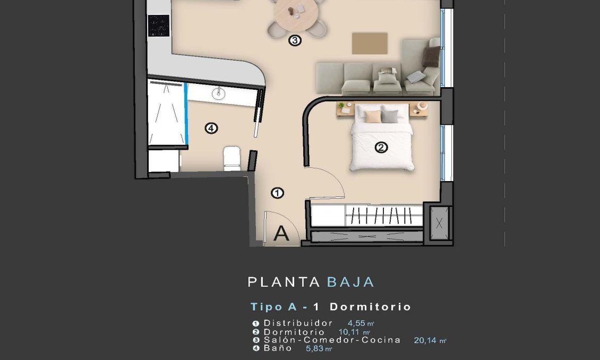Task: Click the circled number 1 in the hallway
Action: point(277,193)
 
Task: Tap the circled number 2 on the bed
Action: point(381,148)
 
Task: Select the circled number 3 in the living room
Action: point(295,40)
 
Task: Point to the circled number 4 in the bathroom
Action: point(211,128)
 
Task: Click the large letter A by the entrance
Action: point(281,234)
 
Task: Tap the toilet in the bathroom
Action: point(232,158)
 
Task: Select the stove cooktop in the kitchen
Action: point(158,25)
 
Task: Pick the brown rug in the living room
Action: point(370,43)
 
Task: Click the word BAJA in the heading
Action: point(350,282)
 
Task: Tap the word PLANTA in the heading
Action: point(284,282)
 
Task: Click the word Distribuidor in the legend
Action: point(298,323)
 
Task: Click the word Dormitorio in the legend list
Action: point(294,332)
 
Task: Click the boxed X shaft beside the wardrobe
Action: point(439,224)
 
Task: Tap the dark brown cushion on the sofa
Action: point(432,56)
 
